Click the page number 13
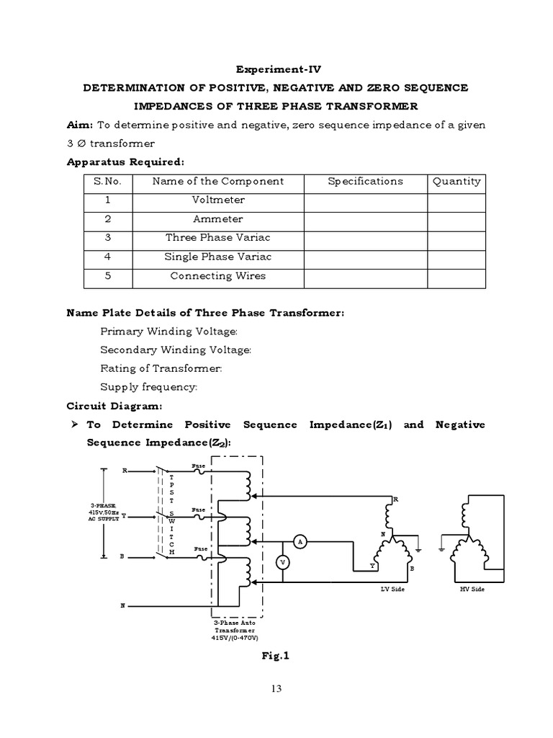(x=276, y=689)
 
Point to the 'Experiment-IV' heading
(x=276, y=70)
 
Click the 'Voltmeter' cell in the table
(x=217, y=200)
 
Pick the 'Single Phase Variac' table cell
(x=217, y=257)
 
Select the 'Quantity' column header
(x=456, y=182)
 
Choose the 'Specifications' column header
(x=365, y=182)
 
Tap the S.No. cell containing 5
(x=107, y=275)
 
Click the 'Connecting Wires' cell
(x=217, y=275)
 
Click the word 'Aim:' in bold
(x=80, y=125)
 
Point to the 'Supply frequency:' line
(x=148, y=387)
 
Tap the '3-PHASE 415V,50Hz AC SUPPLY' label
(x=102, y=513)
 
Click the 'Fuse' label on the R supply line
(x=199, y=466)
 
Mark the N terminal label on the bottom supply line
(x=122, y=606)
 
